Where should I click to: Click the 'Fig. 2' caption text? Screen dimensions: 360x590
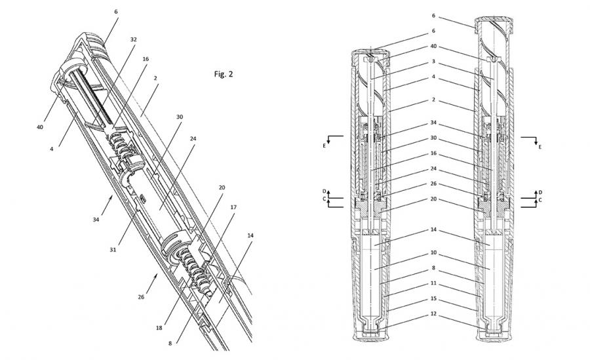pyautogui.click(x=224, y=74)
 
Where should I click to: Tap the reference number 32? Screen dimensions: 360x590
pyautogui.click(x=133, y=40)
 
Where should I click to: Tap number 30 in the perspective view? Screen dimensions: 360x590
pyautogui.click(x=179, y=117)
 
